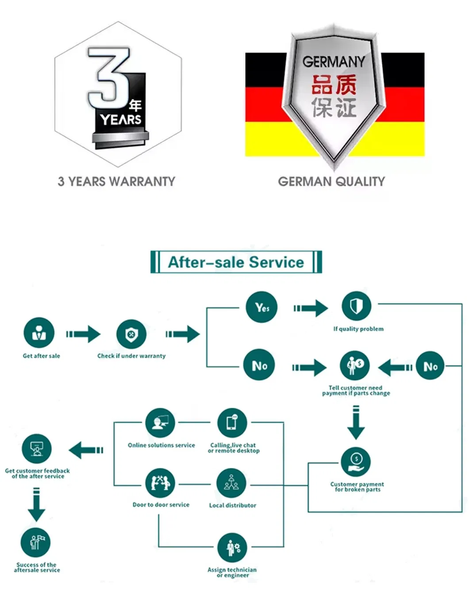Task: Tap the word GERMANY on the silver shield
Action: point(334,62)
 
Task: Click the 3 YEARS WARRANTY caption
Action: point(116,182)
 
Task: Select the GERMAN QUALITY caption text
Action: point(331,182)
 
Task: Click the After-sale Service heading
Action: point(236,262)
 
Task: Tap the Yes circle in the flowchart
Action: point(262,307)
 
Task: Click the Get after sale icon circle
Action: point(39,333)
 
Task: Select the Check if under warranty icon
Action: point(131,334)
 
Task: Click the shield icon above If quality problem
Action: point(356,306)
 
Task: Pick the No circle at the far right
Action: point(431,366)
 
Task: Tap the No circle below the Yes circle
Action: point(260,365)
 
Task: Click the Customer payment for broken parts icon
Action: point(356,462)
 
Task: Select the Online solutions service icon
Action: point(160,423)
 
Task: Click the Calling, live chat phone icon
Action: point(232,423)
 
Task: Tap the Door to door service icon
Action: point(160,483)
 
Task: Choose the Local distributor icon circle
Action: point(231,483)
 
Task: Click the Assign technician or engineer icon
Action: point(232,548)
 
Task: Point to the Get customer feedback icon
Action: point(37,449)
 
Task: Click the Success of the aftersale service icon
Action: point(36,542)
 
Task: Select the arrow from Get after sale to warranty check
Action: point(83,334)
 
